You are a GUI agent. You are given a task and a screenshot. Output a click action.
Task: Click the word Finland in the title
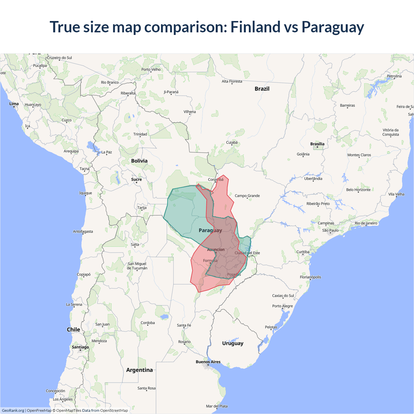point(255,27)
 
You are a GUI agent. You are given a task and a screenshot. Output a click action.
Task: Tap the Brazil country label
point(262,89)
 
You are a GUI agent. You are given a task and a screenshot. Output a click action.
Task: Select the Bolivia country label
point(139,161)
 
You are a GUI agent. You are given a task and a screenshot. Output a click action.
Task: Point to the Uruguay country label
point(233,343)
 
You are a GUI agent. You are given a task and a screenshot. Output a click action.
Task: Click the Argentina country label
point(139,370)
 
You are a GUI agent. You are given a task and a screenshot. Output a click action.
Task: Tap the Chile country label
point(73,329)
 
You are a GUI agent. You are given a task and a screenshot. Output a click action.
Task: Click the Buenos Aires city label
point(208,362)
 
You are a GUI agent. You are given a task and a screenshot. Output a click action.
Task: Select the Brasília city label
point(317,144)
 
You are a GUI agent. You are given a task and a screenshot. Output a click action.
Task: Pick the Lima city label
point(14,104)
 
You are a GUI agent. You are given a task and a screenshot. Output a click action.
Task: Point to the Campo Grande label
point(247,196)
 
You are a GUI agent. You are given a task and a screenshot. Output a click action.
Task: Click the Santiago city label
point(80,347)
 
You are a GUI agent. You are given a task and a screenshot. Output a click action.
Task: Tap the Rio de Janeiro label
point(366,223)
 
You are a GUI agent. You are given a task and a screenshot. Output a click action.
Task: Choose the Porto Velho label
point(151,70)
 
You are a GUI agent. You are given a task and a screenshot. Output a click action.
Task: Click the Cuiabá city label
point(232,142)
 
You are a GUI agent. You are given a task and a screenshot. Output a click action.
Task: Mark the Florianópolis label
point(310,277)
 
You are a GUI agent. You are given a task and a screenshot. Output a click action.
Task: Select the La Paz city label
point(107,152)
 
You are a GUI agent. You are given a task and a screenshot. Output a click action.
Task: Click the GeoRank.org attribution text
point(13,410)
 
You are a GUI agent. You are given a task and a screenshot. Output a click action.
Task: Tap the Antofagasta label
point(83,232)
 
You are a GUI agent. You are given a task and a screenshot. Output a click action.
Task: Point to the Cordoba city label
point(147,323)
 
